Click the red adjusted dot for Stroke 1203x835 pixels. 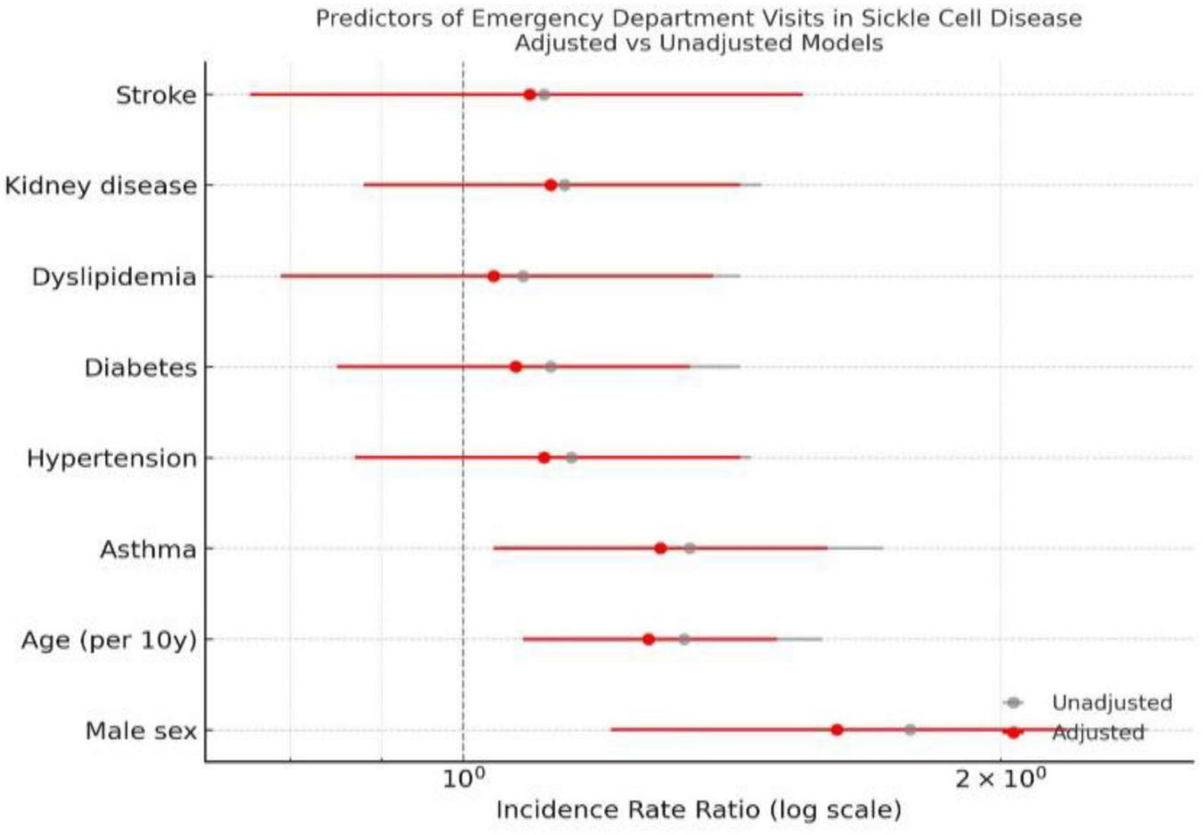(529, 94)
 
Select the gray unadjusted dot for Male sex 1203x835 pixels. (910, 730)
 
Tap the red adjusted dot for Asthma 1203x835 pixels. (660, 548)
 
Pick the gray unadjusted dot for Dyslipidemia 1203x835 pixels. (523, 276)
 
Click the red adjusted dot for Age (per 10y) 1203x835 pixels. (649, 639)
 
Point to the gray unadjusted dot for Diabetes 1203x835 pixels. (551, 367)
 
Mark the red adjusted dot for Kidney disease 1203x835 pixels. (551, 185)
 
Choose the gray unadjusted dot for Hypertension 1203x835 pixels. (571, 458)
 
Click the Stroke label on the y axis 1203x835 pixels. (156, 95)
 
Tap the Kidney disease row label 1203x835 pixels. (101, 186)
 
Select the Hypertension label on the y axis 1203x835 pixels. (111, 459)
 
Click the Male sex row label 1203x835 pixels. (141, 732)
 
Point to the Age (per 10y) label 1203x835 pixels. (109, 641)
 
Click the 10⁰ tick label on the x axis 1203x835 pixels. (464, 778)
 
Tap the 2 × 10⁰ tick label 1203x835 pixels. (1000, 778)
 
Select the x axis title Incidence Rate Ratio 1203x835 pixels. (699, 810)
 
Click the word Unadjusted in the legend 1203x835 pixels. (1111, 703)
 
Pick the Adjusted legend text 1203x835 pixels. (1098, 733)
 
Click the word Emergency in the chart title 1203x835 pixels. (538, 19)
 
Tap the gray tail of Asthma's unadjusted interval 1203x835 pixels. (856, 548)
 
